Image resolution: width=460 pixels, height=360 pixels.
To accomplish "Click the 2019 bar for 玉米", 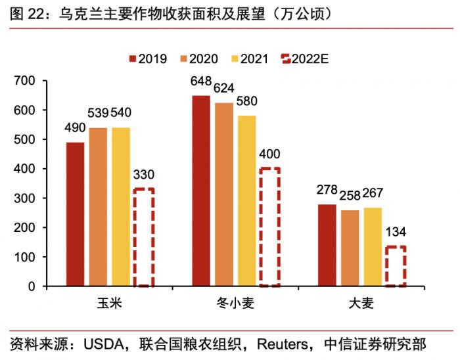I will coord(75,214).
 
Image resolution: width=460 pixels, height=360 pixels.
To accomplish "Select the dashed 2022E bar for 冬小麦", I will coord(269,227).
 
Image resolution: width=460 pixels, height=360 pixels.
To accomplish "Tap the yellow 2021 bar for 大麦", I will coord(373,246).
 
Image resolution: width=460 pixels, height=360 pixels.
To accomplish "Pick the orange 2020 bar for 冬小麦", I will coord(224,194).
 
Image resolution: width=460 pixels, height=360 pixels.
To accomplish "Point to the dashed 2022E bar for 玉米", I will coord(144,237).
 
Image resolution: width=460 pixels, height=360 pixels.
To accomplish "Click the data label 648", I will coord(201,81).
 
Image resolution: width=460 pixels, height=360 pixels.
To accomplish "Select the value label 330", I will coord(144,175).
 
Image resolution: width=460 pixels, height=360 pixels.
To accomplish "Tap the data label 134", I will coord(395,233).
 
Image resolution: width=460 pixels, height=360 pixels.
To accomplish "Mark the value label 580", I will coord(247,102).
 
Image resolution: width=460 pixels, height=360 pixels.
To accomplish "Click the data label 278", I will coord(327,191).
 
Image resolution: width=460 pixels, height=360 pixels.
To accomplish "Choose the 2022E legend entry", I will coord(304,58).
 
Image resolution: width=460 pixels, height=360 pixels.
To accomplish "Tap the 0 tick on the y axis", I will coord(31,286).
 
